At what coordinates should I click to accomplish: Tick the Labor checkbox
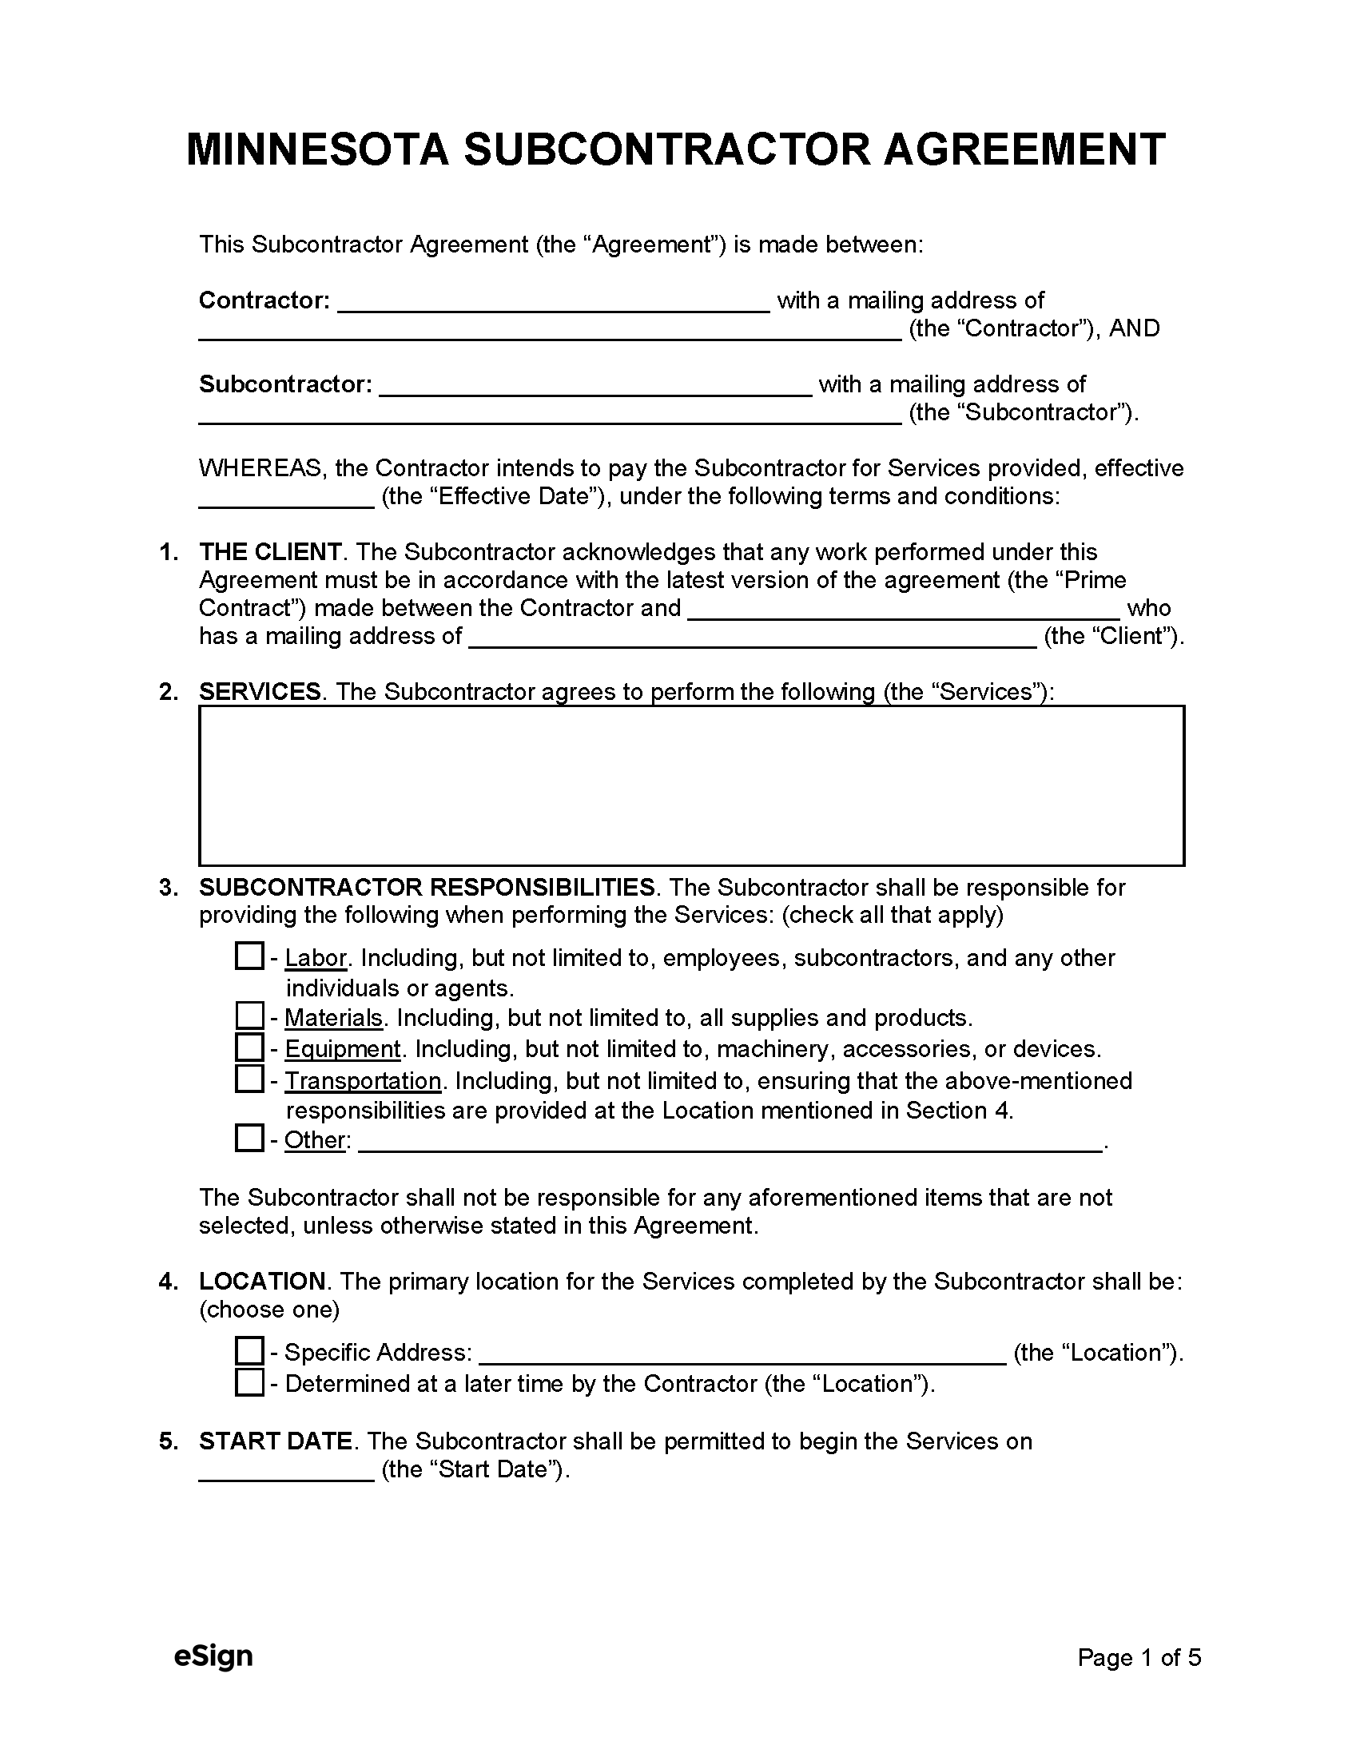click(x=249, y=956)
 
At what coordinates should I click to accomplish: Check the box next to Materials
click(x=249, y=1016)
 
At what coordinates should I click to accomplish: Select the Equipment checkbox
click(x=249, y=1047)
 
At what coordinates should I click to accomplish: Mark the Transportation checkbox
click(x=249, y=1079)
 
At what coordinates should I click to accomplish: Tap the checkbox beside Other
click(x=249, y=1138)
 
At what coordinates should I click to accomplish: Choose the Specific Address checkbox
click(x=249, y=1351)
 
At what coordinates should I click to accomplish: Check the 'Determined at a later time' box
click(x=249, y=1382)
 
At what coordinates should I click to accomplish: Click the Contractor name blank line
click(x=553, y=303)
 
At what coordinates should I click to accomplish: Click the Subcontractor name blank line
click(x=595, y=387)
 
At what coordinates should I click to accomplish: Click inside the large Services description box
click(x=691, y=785)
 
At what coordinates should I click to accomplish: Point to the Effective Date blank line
click(x=286, y=499)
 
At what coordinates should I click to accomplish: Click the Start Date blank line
click(x=286, y=1472)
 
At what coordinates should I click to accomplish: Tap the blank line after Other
click(x=730, y=1142)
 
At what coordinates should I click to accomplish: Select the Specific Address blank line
click(x=742, y=1354)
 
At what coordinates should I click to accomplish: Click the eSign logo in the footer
click(x=213, y=1656)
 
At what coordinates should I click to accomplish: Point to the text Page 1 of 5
click(x=1139, y=1658)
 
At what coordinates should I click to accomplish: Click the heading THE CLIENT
click(x=270, y=552)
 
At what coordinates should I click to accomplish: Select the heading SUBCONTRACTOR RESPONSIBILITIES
click(x=427, y=888)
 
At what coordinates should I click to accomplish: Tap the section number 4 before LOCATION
click(x=167, y=1282)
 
